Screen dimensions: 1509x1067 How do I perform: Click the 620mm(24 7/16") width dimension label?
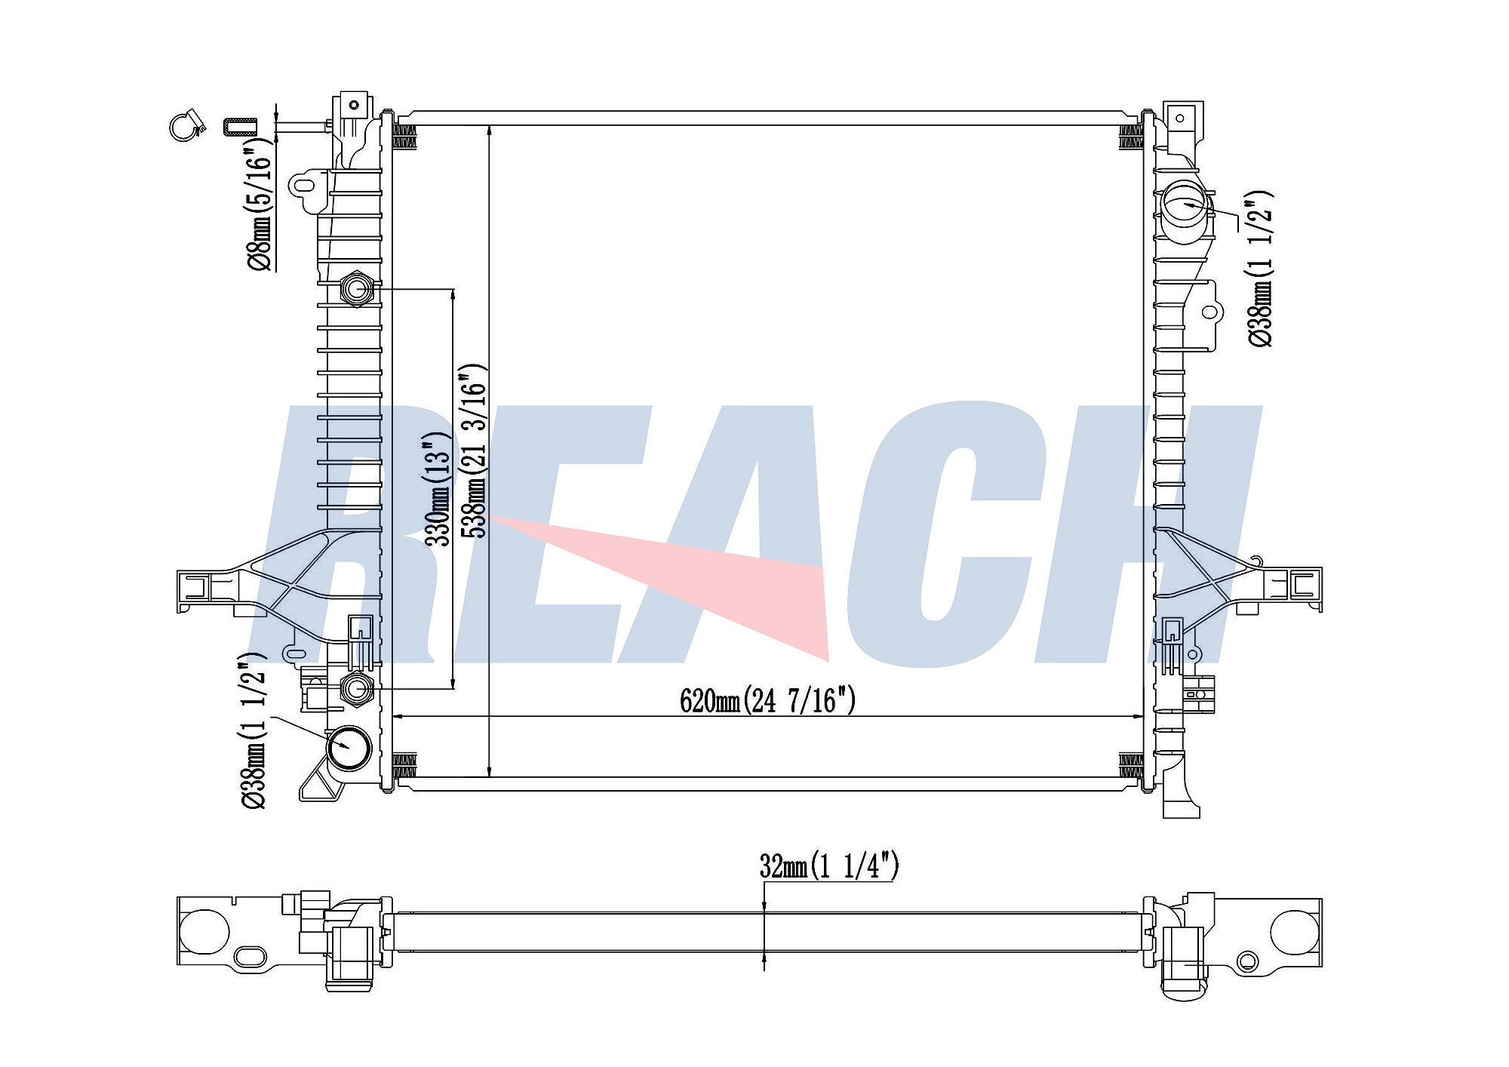tap(768, 701)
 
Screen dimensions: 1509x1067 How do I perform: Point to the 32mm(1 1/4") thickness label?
tap(829, 866)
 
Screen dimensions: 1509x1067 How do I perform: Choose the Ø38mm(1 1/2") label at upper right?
tap(1260, 268)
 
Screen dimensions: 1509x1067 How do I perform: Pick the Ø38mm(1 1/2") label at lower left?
tap(254, 730)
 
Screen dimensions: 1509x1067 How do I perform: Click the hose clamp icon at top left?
tap(186, 126)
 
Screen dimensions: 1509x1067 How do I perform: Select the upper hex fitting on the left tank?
tap(356, 289)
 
